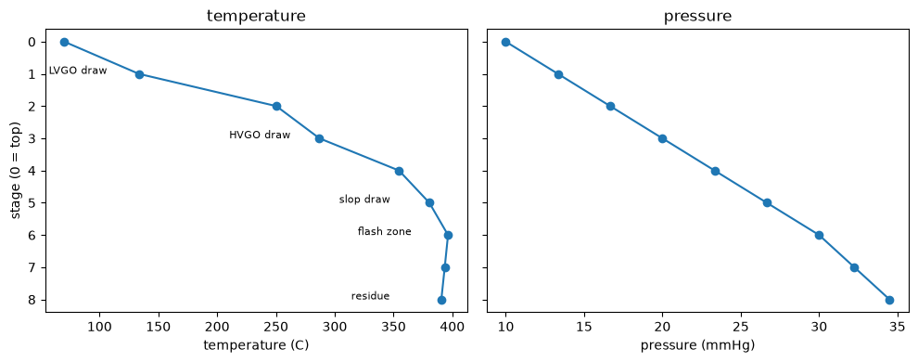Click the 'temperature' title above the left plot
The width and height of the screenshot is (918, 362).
click(256, 16)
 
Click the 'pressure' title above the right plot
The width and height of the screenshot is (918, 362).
click(697, 17)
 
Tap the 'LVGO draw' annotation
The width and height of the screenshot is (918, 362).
click(78, 71)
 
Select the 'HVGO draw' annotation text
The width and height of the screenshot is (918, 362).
click(260, 135)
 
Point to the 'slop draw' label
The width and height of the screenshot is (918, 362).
click(364, 200)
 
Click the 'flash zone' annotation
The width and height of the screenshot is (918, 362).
click(384, 231)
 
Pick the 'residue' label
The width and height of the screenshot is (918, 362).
click(370, 296)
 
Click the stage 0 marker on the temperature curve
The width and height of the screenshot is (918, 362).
click(64, 42)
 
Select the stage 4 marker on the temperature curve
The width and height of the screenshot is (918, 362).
click(400, 171)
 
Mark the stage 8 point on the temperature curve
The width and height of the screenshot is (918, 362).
click(441, 300)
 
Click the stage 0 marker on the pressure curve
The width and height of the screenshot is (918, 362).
click(506, 42)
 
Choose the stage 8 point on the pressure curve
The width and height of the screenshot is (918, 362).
click(889, 300)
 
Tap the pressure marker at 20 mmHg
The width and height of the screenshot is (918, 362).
click(662, 139)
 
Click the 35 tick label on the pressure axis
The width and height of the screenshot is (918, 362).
click(898, 326)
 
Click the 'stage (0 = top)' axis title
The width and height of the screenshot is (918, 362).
click(16, 171)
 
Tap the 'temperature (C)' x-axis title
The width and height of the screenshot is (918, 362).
click(256, 345)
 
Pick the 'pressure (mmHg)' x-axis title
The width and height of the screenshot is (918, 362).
click(697, 345)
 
